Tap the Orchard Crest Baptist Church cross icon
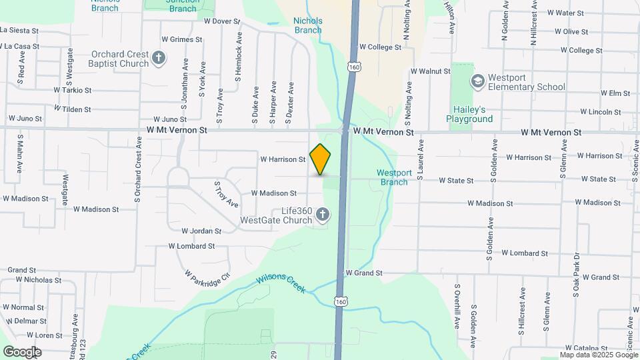[159, 59]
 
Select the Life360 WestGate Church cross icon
[323, 214]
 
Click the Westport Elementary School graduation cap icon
[477, 81]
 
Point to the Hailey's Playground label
[469, 114]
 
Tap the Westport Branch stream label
[393, 177]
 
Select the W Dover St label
[221, 21]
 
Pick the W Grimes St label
[181, 39]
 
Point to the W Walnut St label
[431, 71]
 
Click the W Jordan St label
[201, 231]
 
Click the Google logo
[22, 351]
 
